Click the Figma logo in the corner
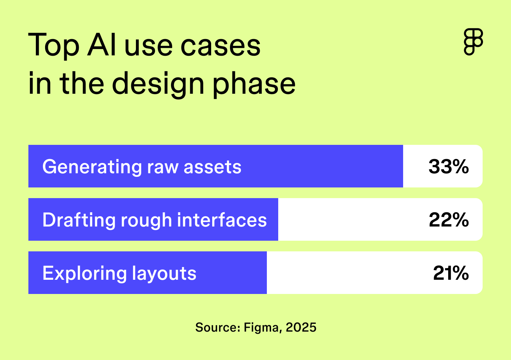pyautogui.click(x=473, y=42)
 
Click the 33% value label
pyautogui.click(x=449, y=166)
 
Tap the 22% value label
pyautogui.click(x=449, y=220)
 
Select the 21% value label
pyautogui.click(x=451, y=273)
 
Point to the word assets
pyautogui.click(x=213, y=167)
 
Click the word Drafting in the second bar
pyautogui.click(x=78, y=220)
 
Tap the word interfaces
pyautogui.click(x=222, y=220)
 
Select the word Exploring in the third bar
pyautogui.click(x=84, y=274)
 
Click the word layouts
pyautogui.click(x=164, y=274)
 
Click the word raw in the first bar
pyautogui.click(x=163, y=167)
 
